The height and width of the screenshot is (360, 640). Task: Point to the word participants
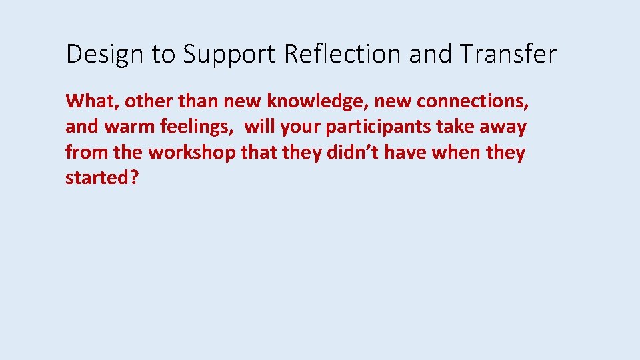coord(378,127)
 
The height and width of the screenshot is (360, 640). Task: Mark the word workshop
coord(192,153)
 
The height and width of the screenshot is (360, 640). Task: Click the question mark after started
coord(134,178)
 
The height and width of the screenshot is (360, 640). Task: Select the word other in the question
coord(147,101)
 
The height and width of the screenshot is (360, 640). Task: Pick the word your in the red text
coord(299,127)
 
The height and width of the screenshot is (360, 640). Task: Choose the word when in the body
coord(457,153)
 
